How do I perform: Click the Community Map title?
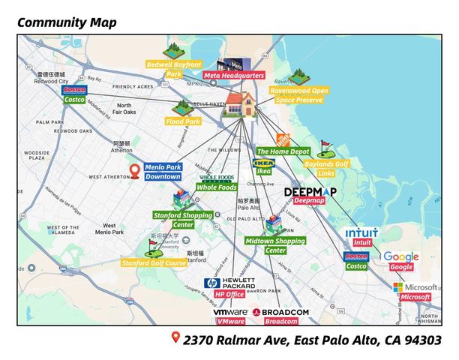67,22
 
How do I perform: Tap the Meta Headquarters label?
240,76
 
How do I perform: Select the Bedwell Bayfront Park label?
174,69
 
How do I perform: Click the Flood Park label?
182,119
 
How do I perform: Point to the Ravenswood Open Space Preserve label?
298,94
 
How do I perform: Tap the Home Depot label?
283,151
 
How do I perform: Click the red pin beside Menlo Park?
135,172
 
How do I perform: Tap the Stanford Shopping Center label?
182,220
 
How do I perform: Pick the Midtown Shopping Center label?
274,246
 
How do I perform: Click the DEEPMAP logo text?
310,192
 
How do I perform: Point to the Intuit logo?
361,233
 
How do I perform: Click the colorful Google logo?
400,256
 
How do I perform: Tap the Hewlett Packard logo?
230,283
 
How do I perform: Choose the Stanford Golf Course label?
154,263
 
